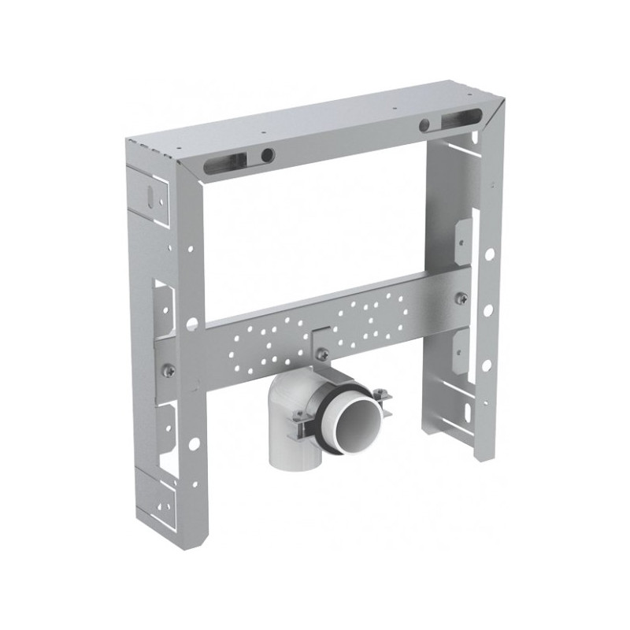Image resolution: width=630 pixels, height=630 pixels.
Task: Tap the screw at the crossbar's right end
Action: point(462,298)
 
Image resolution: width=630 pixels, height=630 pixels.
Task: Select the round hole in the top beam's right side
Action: point(424,124)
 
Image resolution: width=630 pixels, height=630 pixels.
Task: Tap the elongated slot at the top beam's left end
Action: point(226,164)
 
